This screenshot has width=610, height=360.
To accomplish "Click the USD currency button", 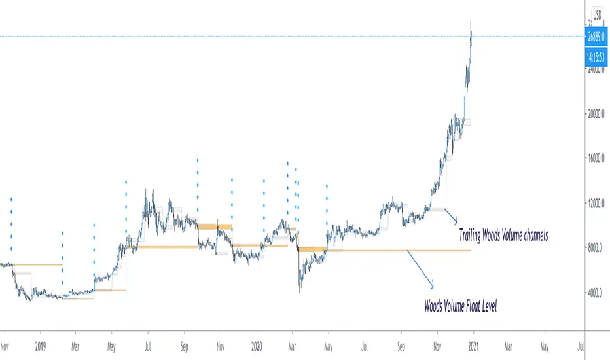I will click(x=598, y=14).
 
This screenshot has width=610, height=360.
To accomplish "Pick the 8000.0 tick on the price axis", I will click(x=598, y=248).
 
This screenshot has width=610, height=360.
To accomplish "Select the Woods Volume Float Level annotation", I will click(x=461, y=305).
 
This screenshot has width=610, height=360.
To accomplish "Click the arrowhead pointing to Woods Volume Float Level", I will click(x=432, y=285).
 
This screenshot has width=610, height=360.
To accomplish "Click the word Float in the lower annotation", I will click(x=470, y=305).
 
